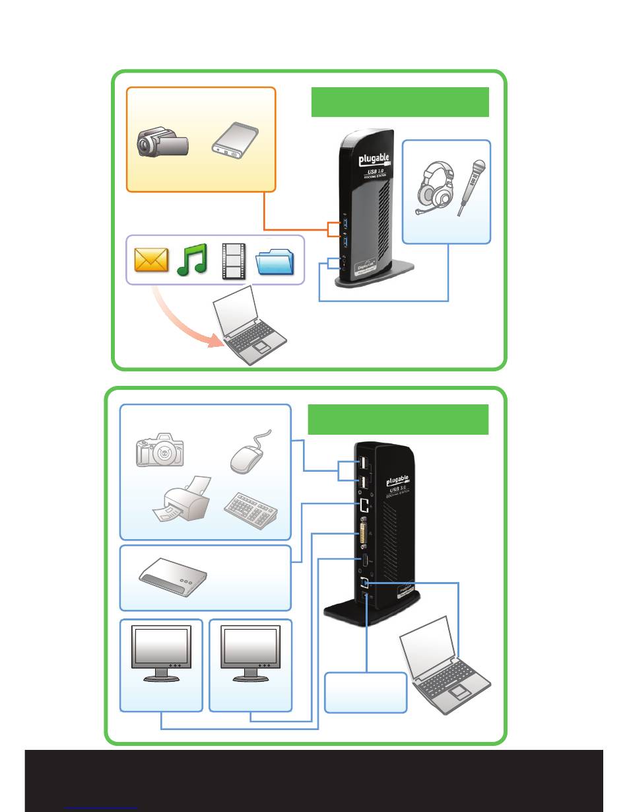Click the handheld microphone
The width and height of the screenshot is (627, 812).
point(472,188)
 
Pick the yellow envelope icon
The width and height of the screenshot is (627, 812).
point(151,259)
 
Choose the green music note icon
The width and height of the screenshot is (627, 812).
point(192,259)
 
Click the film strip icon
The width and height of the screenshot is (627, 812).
point(232,259)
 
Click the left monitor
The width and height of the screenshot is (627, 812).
point(162,653)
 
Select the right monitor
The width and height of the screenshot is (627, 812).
point(250,653)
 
